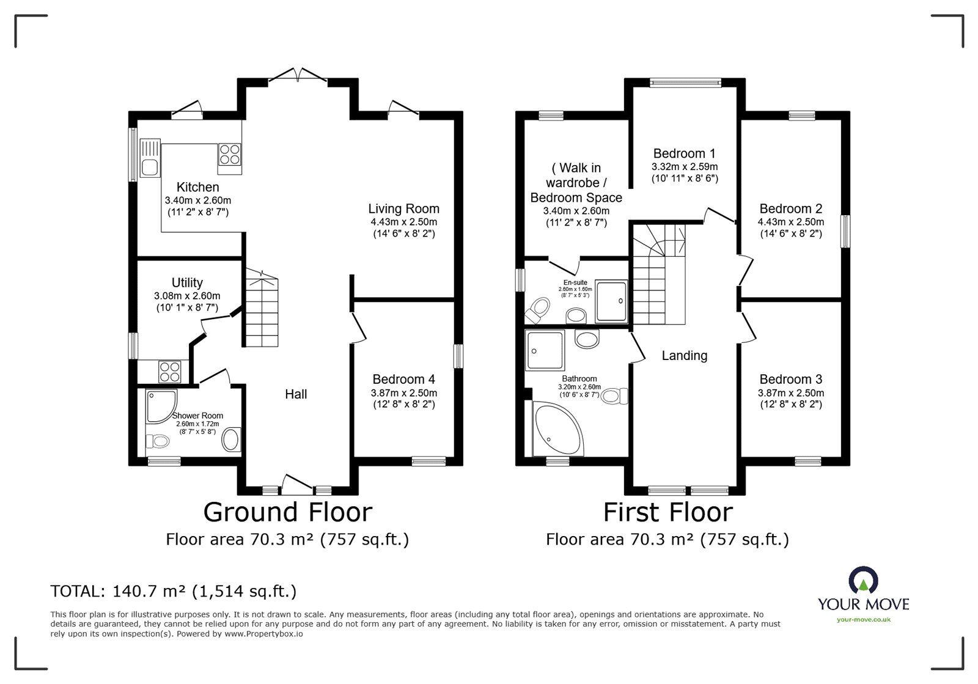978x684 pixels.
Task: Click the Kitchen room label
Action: click(x=198, y=187)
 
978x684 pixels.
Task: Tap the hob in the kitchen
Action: click(x=230, y=154)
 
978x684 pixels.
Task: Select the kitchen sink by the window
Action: click(x=150, y=158)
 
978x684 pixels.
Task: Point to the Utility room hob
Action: click(x=170, y=372)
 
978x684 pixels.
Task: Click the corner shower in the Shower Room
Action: click(x=161, y=406)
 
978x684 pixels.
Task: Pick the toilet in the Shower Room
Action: click(x=157, y=441)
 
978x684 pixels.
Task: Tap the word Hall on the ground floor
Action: click(x=296, y=394)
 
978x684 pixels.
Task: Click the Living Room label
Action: click(x=404, y=208)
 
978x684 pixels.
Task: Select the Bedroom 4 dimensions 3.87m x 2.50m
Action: click(x=404, y=393)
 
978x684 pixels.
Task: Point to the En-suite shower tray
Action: click(x=611, y=301)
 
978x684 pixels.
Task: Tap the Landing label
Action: click(x=684, y=356)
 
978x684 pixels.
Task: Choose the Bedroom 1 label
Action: click(x=684, y=153)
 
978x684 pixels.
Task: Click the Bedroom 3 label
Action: click(x=791, y=379)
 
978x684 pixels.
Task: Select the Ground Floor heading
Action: click(x=288, y=512)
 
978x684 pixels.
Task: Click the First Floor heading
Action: click(x=668, y=512)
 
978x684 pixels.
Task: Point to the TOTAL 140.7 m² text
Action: click(x=174, y=591)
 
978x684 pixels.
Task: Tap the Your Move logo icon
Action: click(x=863, y=579)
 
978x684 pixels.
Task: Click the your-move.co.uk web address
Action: click(x=864, y=620)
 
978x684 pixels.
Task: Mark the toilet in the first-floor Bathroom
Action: click(x=614, y=396)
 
